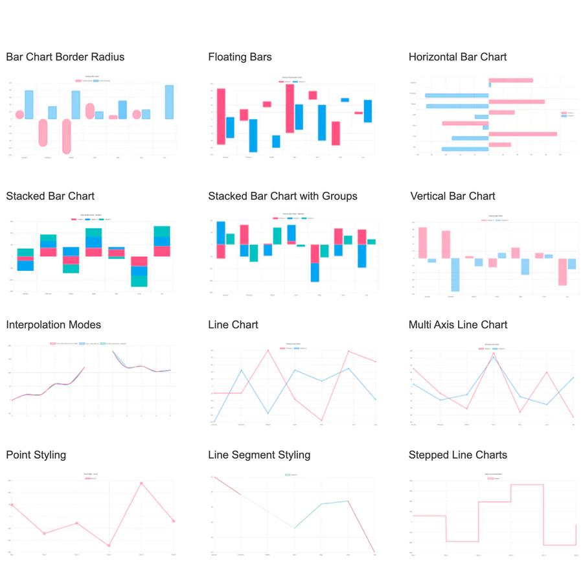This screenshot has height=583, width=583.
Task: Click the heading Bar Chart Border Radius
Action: [x=65, y=57]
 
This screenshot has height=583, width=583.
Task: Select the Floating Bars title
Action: [x=240, y=57]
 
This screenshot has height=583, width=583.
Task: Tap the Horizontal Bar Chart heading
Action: [x=457, y=57]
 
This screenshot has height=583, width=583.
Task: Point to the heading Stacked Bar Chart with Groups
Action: [x=282, y=196]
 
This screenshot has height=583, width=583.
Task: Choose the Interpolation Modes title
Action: [x=53, y=325]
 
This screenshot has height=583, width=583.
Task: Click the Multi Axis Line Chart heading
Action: [x=457, y=325]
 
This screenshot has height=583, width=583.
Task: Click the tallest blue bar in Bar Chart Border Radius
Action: [x=169, y=102]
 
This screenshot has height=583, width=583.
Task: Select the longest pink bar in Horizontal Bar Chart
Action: [x=523, y=134]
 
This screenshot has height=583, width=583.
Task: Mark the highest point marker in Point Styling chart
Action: [x=141, y=483]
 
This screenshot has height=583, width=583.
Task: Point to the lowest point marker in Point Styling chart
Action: [x=109, y=545]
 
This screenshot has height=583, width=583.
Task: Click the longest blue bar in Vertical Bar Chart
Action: [x=455, y=275]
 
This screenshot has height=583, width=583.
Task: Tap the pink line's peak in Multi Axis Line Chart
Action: [x=494, y=353]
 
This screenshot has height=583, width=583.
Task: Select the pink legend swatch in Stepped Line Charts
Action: [x=490, y=478]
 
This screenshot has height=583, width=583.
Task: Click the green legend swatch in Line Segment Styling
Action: [x=288, y=475]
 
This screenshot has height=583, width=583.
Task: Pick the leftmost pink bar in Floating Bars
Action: [x=221, y=116]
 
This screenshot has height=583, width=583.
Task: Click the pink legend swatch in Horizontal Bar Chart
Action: [x=564, y=113]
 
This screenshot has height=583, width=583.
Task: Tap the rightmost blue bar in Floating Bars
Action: [x=368, y=111]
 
